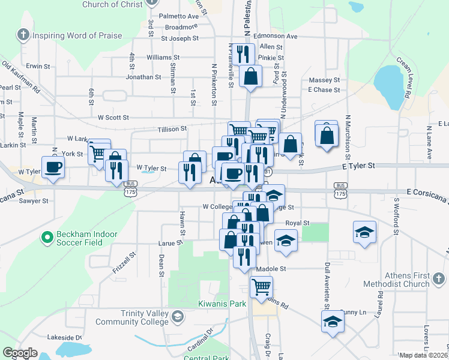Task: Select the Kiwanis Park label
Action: tap(222, 304)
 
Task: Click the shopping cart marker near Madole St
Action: tap(261, 286)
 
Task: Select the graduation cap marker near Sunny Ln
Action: tap(333, 321)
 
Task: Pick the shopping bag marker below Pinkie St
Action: tap(250, 76)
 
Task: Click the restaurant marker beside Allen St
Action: tap(243, 53)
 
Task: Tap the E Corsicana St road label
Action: tap(426, 192)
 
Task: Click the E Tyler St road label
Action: tap(358, 165)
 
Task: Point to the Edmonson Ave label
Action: tap(275, 36)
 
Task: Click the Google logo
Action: tap(20, 353)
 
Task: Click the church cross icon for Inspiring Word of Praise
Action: tap(23, 35)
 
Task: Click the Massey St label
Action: tap(324, 80)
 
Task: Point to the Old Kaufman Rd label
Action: tap(21, 76)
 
